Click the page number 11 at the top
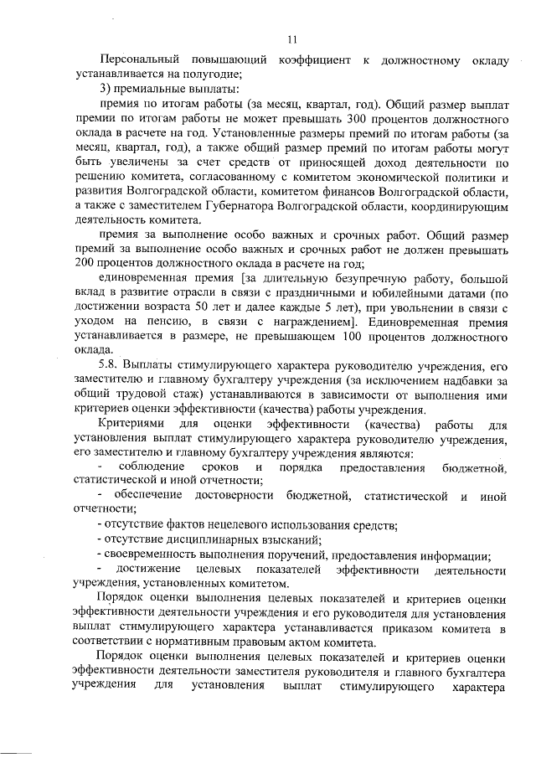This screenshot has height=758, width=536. click(x=291, y=39)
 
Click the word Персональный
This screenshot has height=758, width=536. click(x=141, y=61)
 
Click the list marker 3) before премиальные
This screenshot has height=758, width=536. click(x=106, y=90)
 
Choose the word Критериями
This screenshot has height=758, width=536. click(x=134, y=424)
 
